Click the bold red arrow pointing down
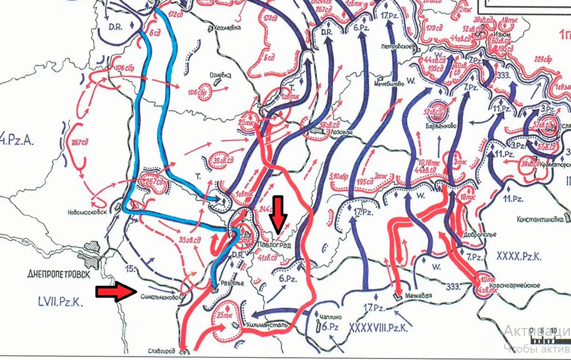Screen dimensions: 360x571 [x=279, y=214]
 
